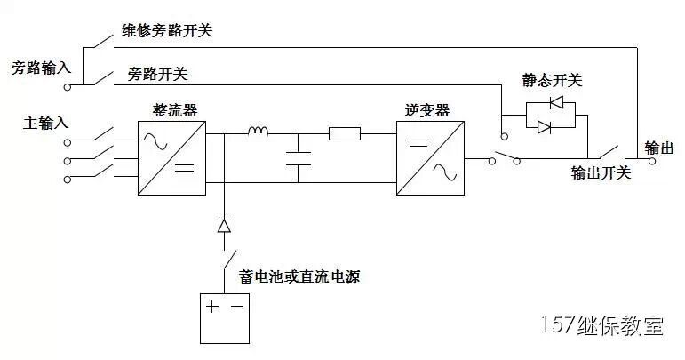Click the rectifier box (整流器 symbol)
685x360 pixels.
[x=171, y=155]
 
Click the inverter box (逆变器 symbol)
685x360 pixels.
[x=429, y=155]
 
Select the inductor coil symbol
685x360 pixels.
[x=258, y=133]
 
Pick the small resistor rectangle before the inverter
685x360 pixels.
[x=344, y=134]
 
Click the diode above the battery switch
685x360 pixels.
[x=225, y=226]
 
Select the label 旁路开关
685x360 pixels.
[x=158, y=74]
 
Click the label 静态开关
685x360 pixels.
[x=553, y=81]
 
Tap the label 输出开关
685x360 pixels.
[x=601, y=172]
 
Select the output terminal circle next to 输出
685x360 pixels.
[x=652, y=162]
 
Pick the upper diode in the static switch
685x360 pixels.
[x=557, y=102]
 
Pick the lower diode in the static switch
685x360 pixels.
[x=546, y=126]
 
